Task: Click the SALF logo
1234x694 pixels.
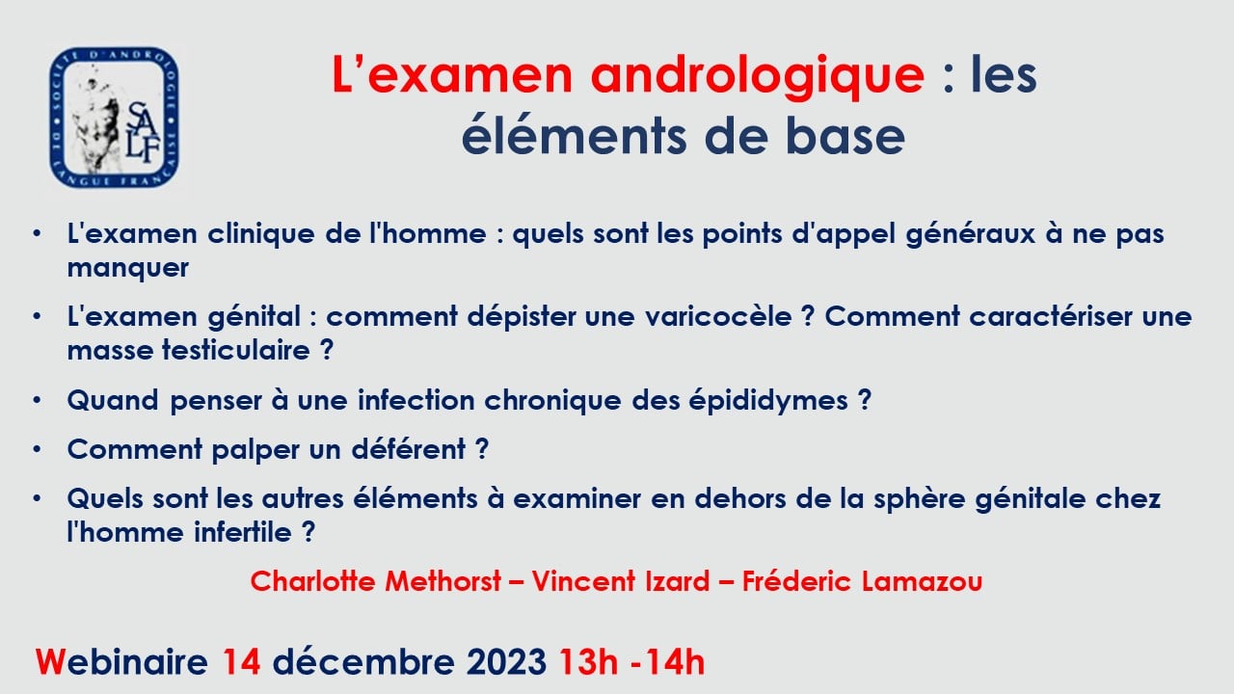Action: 114,118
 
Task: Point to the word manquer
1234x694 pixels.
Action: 128,269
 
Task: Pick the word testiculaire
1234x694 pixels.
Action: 236,350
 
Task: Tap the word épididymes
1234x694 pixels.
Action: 768,401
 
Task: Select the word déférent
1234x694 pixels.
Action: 408,449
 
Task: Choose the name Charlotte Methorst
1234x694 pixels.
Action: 376,581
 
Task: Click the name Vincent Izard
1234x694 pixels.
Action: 620,581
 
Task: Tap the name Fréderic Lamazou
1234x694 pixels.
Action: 862,581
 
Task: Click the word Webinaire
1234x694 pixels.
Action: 121,662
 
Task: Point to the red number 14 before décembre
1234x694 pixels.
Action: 241,662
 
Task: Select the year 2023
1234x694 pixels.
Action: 506,662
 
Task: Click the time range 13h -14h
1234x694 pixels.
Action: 631,662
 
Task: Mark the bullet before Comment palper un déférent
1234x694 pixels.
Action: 37,449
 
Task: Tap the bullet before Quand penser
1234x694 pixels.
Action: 37,400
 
